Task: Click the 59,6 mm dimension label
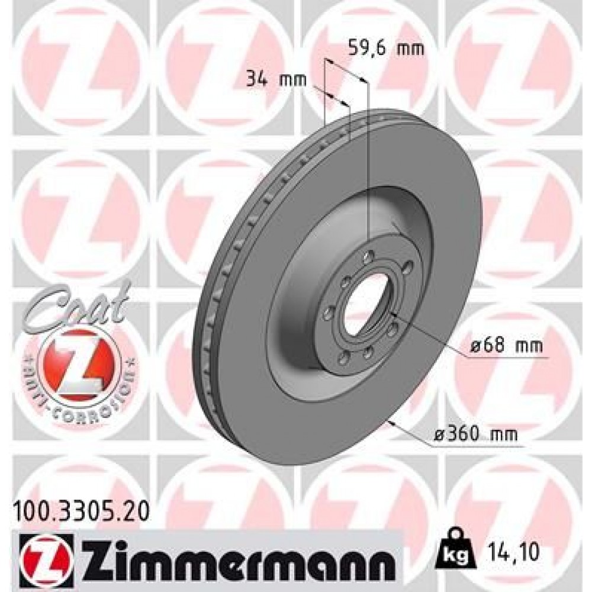[x=385, y=49]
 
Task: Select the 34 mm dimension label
[x=275, y=79]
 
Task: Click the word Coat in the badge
[x=78, y=306]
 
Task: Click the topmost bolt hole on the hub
[x=370, y=256]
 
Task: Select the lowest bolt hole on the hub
[x=343, y=359]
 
